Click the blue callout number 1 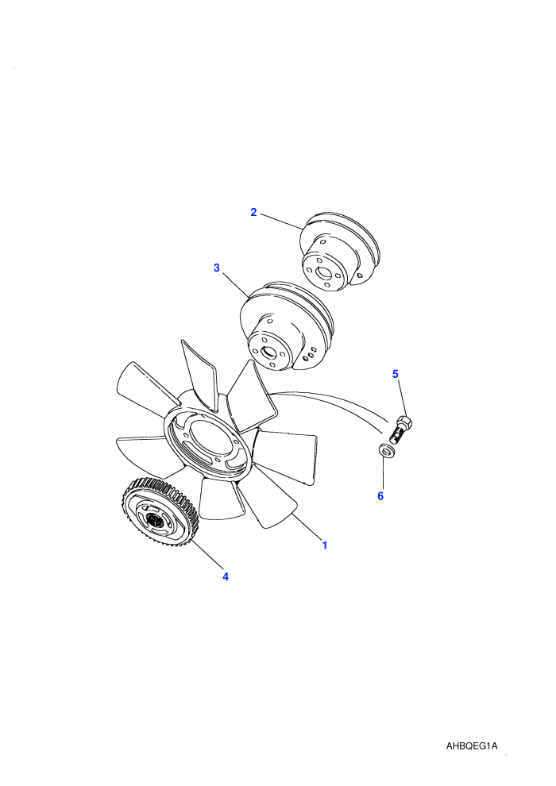coord(324,545)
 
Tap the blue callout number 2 coord(253,212)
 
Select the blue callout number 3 coord(217,268)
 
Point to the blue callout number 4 coord(226,577)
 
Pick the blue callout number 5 coord(395,374)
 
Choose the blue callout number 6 coord(380,496)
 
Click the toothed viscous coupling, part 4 coord(160,514)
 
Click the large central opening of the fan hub coord(208,438)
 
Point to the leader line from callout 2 coord(280,222)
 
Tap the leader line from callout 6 coord(384,472)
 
